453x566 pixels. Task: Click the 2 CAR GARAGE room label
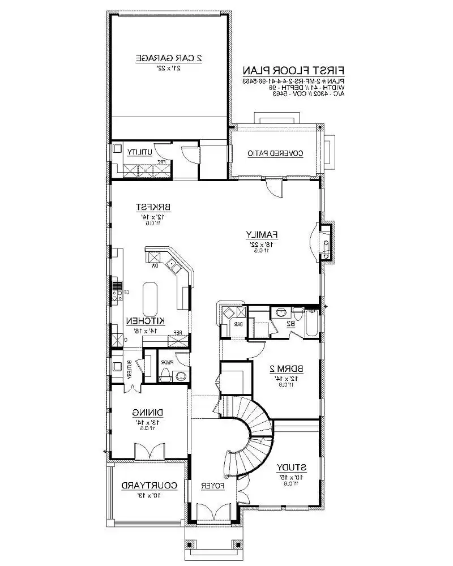(169, 58)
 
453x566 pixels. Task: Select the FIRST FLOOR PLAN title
(294, 71)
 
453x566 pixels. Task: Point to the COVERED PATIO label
(276, 153)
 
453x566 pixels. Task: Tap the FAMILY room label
(261, 234)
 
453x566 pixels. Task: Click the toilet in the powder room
(165, 374)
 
